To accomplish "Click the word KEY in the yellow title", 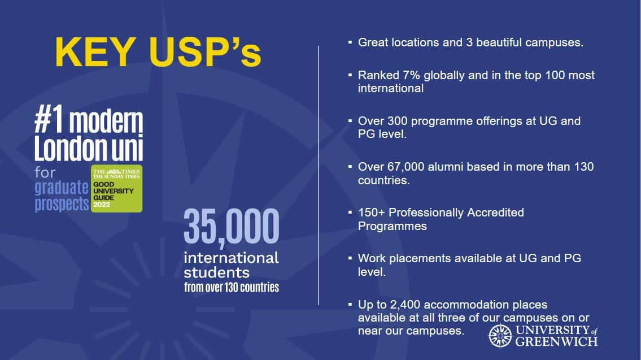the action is coord(95,52).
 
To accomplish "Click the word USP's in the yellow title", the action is coord(206,52).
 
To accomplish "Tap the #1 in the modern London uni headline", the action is coord(49,119).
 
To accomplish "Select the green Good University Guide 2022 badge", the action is coord(116,189).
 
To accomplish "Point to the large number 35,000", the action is coord(232,227).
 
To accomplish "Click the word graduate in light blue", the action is coord(62,188).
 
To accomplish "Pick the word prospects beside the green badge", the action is coord(62,203).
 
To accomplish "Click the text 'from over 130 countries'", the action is coord(232,287).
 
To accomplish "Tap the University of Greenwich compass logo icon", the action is coord(500,336).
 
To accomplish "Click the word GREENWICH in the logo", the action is coord(556,341).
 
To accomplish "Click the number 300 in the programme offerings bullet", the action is coord(398,121).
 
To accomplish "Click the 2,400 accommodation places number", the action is coord(405,305).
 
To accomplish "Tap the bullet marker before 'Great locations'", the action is coord(350,42).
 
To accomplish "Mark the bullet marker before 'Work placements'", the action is coord(350,258).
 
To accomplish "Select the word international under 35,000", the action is coord(232,258).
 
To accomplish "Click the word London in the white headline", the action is coord(70,148).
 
